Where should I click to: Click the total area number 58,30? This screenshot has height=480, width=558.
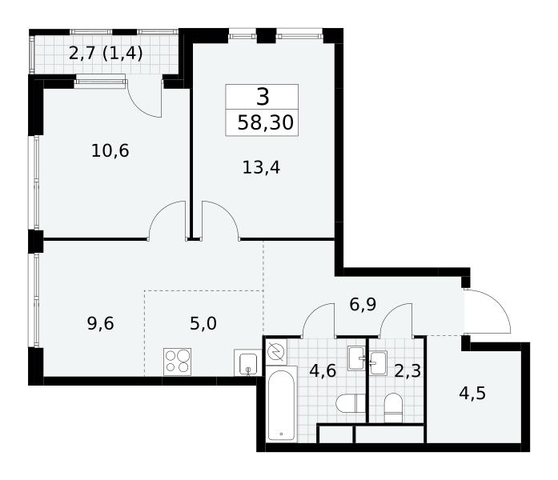(265, 123)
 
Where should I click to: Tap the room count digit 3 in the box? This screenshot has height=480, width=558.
(263, 97)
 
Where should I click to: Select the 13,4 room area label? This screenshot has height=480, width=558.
(261, 167)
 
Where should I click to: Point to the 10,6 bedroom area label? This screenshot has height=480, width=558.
(110, 150)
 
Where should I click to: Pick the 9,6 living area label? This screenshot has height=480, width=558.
(100, 323)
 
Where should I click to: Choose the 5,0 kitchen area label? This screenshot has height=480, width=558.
(203, 323)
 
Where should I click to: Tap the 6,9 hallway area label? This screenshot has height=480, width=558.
(363, 305)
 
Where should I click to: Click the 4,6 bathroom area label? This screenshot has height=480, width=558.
(323, 371)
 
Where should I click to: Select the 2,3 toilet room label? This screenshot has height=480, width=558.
(407, 371)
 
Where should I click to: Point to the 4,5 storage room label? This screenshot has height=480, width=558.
(472, 394)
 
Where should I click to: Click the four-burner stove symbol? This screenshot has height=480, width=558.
(177, 362)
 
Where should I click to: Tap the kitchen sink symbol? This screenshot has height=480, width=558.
(248, 363)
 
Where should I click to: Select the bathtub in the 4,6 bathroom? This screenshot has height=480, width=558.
(281, 405)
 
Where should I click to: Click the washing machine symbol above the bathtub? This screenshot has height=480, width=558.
(276, 352)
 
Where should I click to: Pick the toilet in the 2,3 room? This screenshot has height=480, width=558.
(393, 408)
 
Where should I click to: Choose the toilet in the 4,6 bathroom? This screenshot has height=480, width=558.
(351, 403)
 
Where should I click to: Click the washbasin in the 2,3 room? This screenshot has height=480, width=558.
(378, 363)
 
